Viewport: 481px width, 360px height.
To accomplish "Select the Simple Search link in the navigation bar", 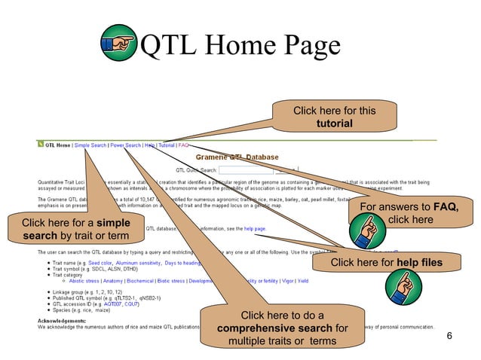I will tap(90, 145).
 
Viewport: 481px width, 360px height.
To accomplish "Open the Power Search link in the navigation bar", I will tap(125, 145).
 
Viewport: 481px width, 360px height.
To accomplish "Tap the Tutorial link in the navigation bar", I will tap(167, 145).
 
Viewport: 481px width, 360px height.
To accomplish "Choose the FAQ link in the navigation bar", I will tap(183, 145).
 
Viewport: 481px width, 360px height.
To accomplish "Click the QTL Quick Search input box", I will tap(245, 170).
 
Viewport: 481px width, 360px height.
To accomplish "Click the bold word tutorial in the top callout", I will tap(334, 124).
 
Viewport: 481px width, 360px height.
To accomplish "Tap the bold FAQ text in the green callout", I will tap(446, 206).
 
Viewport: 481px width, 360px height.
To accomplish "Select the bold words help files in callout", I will tap(418, 262).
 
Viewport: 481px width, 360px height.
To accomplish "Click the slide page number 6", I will tap(449, 335).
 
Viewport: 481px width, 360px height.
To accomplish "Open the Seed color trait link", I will tap(100, 263).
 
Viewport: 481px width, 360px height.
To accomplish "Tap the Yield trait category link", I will tap(303, 280).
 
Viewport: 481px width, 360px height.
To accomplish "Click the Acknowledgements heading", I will tap(63, 319).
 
